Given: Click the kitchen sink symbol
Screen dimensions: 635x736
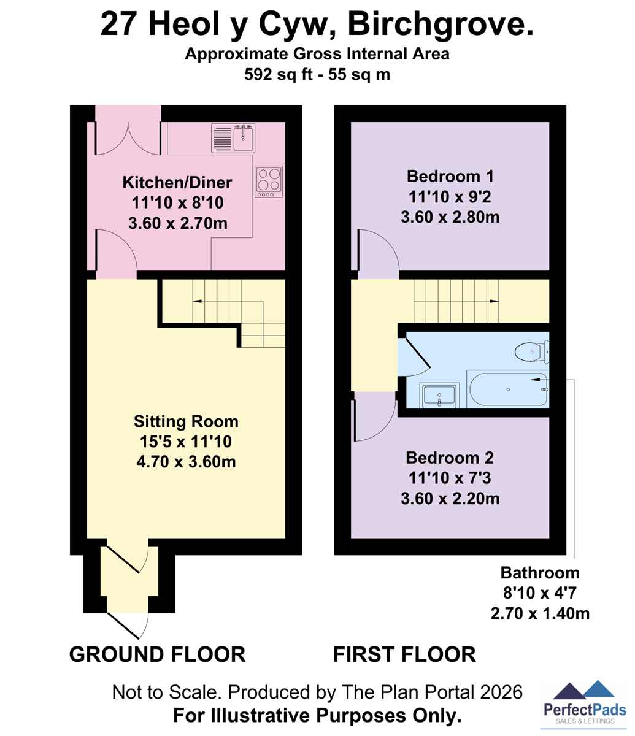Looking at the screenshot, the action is (233, 138).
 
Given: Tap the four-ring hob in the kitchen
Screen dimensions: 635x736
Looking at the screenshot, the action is (269, 182).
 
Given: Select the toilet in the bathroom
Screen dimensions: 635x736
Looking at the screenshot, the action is (532, 352).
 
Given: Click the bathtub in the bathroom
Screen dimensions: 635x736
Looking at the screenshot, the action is (508, 389).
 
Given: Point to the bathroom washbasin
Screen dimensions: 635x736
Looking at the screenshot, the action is (439, 396).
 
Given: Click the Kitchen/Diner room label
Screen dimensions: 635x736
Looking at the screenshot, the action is (177, 183).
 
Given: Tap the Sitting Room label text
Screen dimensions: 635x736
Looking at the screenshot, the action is (186, 421).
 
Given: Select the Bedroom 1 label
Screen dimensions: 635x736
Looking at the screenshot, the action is (450, 176).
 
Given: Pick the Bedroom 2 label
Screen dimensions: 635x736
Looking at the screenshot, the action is (450, 458).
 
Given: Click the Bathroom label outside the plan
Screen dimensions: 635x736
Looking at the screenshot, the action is (540, 573).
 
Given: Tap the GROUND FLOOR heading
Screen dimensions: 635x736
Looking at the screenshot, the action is (158, 654).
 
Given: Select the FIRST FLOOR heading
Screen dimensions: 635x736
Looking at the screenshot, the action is (404, 654).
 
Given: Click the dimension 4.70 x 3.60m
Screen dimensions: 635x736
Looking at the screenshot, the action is (186, 462).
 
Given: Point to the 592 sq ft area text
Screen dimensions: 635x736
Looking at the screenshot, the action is (279, 74).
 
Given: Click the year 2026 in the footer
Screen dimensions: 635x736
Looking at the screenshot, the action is (501, 692).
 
